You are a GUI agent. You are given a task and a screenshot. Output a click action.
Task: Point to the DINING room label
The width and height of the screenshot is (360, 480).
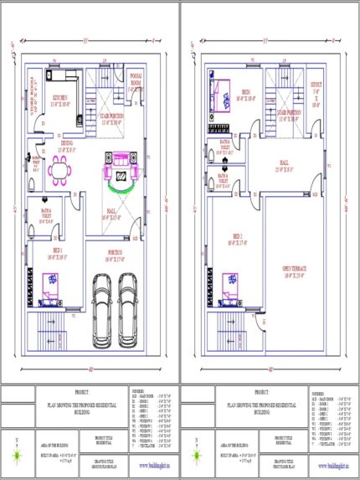tap(69, 146)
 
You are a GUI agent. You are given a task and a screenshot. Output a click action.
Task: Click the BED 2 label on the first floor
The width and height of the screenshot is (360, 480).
tap(239, 239)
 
